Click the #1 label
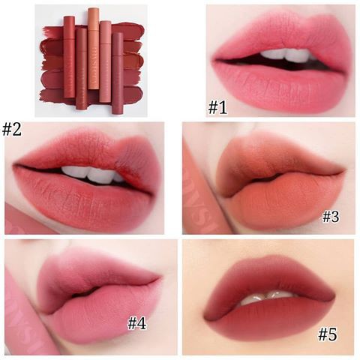point(217,106)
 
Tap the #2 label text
point(12,129)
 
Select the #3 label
point(331,217)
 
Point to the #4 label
point(137,323)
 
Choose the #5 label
point(328,334)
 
